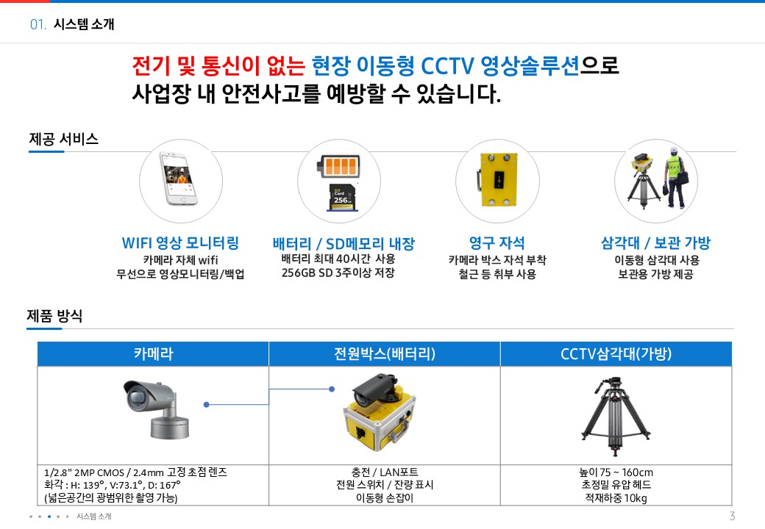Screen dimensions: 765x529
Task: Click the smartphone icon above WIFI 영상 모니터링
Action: point(180,182)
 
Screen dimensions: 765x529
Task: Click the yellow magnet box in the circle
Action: point(497,180)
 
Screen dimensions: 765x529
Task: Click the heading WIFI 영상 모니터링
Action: point(180,243)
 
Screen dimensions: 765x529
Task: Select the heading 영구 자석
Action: point(497,243)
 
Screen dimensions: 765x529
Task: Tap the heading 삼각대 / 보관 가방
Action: point(655,243)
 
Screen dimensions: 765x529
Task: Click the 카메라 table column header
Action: point(153,354)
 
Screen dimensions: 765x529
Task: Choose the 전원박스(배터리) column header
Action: point(384,354)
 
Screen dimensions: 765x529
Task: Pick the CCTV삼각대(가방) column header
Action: point(616,354)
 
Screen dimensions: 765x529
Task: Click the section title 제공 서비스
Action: point(63,139)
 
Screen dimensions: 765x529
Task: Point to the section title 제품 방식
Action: point(54,317)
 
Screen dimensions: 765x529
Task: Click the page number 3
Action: point(732,515)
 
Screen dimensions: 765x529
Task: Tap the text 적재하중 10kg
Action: point(616,498)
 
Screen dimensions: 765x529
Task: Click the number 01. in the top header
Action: point(38,24)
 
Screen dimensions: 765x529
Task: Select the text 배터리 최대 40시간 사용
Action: point(338,259)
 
